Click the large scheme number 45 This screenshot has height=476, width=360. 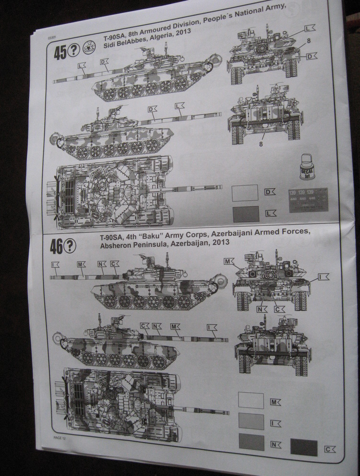click(60, 53)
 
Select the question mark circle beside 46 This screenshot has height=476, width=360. click(70, 246)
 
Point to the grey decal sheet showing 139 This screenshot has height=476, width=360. click(308, 200)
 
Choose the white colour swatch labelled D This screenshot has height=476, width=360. click(245, 193)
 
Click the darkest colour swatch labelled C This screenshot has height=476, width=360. click(303, 448)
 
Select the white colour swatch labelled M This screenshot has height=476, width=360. click(251, 400)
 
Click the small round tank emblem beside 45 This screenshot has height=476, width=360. click(89, 47)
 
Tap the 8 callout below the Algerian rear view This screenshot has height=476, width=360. click(262, 143)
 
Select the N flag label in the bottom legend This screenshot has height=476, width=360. click(276, 444)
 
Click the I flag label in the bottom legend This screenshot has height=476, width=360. click(276, 423)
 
